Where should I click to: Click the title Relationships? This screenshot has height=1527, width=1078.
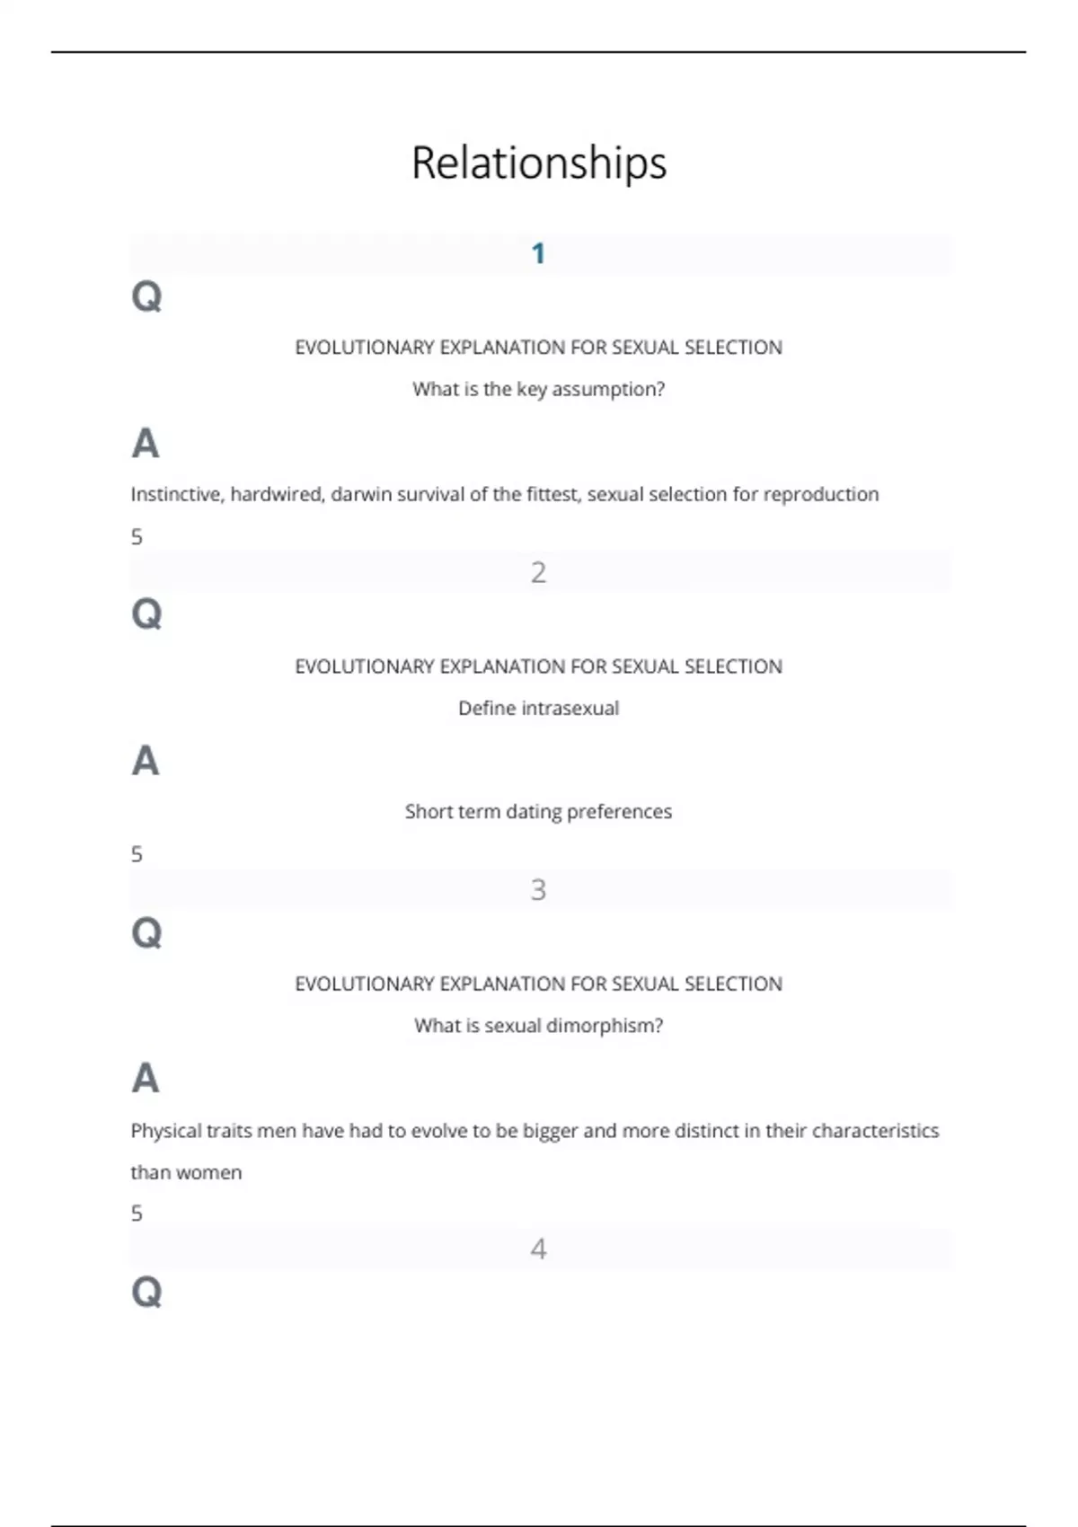tap(539, 163)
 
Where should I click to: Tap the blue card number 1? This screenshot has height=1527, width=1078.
tap(538, 254)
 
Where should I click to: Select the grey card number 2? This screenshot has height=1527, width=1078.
tap(538, 572)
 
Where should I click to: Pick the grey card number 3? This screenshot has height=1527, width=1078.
tap(538, 890)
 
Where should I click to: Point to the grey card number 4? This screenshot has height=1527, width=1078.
tap(538, 1249)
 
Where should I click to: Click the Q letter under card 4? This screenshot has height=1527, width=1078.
tap(146, 1292)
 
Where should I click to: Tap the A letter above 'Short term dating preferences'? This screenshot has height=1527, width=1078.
tap(146, 761)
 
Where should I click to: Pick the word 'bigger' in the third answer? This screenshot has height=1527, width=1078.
tap(550, 1131)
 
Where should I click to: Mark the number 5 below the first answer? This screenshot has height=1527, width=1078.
tap(137, 537)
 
